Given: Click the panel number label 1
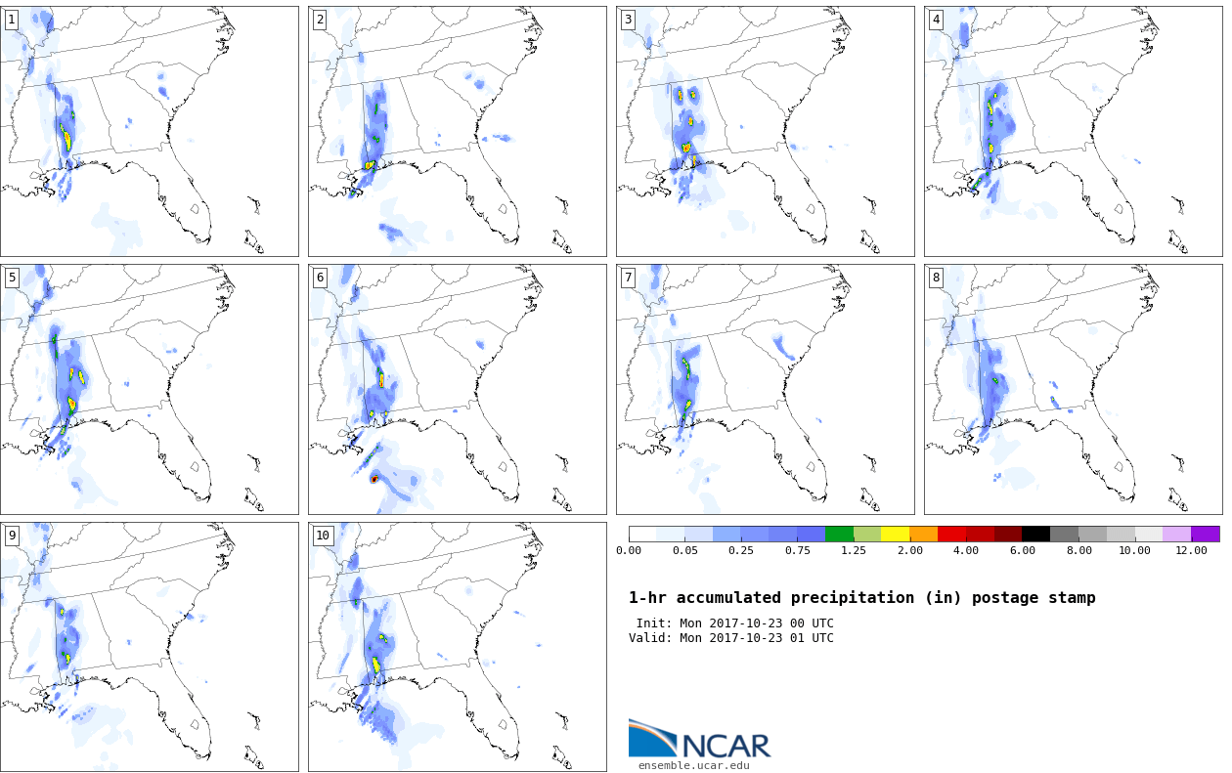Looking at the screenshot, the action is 12,21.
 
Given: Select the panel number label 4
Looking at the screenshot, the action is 936,21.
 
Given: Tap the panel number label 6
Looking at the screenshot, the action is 320,278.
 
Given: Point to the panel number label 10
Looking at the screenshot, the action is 323,536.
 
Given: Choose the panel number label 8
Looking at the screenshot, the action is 936,278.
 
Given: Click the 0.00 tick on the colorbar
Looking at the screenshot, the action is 629,550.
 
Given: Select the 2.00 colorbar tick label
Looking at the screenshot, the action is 910,550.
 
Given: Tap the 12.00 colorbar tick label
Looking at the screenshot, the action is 1191,550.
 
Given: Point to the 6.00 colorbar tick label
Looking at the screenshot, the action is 1023,550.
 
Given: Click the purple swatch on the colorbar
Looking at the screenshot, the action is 1206,534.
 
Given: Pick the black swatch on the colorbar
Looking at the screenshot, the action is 1036,534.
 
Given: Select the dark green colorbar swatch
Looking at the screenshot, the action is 839,534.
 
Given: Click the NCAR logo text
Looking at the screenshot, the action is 726,746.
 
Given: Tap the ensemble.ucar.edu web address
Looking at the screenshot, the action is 693,765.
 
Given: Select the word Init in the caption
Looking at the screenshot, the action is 652,623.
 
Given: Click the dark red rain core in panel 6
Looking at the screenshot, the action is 374,480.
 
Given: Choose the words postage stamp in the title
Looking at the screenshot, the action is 1034,598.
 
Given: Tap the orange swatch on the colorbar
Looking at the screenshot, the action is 923,534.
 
